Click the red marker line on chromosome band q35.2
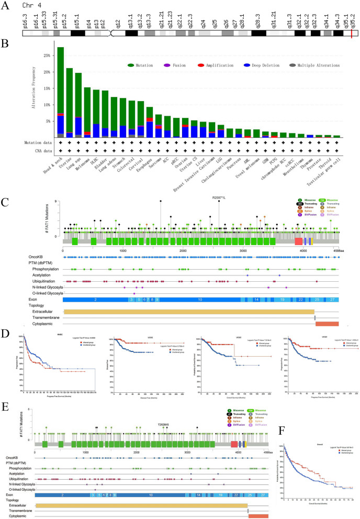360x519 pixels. pos(351,34)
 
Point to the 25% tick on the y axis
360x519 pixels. pos(48,56)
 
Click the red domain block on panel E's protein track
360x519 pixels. pos(234,444)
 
